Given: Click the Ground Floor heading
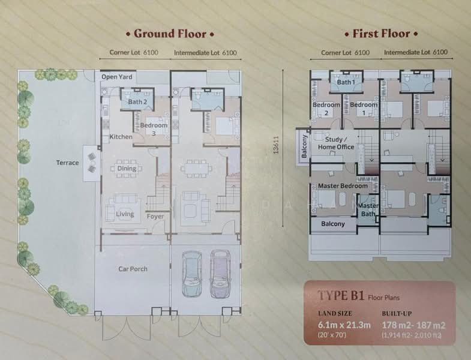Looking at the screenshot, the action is coord(170,34).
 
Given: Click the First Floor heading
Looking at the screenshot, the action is coord(381,34).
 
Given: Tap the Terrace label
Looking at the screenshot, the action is coord(68,163).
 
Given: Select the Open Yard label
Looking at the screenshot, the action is coord(117,77).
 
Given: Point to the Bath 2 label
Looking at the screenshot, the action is coord(137,102).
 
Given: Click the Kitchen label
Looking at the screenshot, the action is coord(121,137).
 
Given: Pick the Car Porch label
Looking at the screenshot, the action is coord(133,269).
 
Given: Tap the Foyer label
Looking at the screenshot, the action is coord(155,217).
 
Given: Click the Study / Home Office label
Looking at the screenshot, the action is coord(336,143).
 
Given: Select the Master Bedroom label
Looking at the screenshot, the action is coord(343,186).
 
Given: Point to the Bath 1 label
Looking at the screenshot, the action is coord(346,82).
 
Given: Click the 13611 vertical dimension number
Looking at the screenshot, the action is coord(276,145).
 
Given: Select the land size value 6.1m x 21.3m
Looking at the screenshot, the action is coord(344,325).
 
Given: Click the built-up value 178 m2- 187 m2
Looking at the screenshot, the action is coord(413,325).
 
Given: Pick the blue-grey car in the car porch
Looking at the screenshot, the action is coord(191,274).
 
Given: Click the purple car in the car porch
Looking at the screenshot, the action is coord(220,274).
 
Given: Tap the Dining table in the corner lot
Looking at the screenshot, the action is coord(127,169).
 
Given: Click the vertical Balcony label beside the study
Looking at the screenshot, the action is coord(304,146).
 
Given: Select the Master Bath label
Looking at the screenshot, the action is coord(368,210).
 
